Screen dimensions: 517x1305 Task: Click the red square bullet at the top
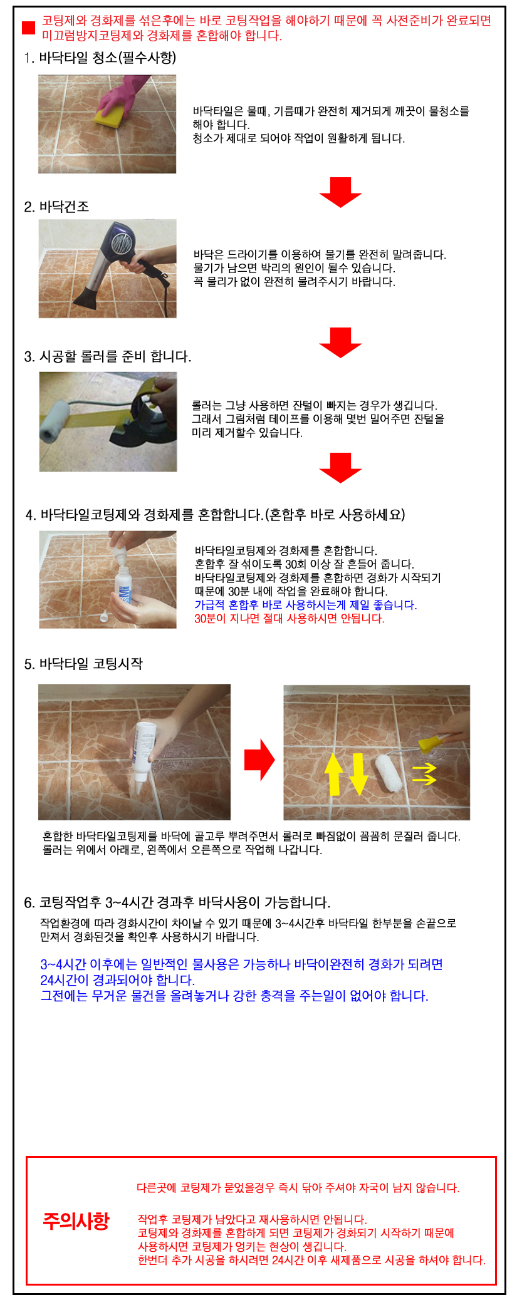coord(28,28)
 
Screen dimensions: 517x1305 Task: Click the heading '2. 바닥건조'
coord(56,207)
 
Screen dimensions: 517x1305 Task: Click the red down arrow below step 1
coord(340,192)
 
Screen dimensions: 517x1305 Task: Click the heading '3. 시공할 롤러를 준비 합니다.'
coord(108,356)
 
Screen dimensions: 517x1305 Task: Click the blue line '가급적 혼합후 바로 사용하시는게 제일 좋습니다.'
coord(306,605)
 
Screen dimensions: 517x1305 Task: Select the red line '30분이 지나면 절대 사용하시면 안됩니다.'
coord(290,619)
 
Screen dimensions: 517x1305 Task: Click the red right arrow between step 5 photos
coord(259,760)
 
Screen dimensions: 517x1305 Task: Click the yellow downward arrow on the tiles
coord(358,774)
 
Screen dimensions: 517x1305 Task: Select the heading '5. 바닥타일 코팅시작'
coord(83,664)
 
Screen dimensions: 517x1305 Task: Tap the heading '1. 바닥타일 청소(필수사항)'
coord(100,58)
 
